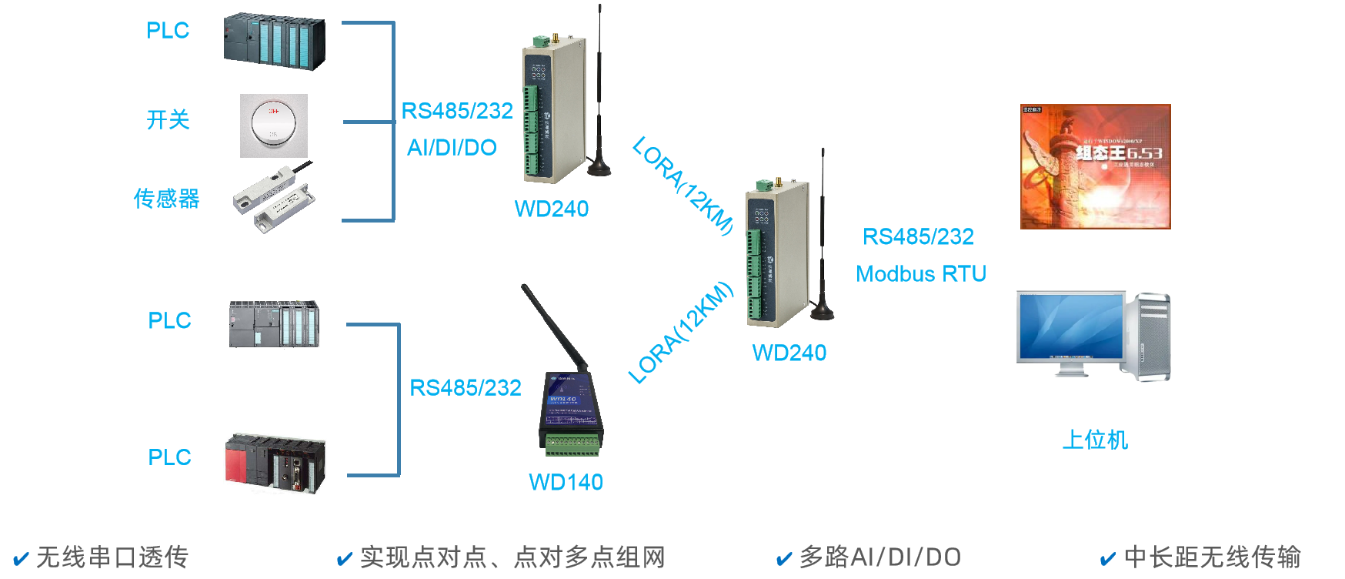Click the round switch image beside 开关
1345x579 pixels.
tap(274, 126)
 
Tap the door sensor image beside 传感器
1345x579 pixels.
tap(272, 198)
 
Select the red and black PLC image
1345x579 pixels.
tap(275, 461)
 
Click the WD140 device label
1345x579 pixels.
tap(566, 483)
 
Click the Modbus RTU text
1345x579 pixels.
tap(921, 274)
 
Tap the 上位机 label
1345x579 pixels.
tap(1095, 440)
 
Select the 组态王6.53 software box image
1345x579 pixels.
tap(1095, 167)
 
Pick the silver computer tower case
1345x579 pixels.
tap(1146, 336)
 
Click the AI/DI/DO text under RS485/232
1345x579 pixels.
tap(452, 148)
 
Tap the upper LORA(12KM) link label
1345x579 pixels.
tap(683, 186)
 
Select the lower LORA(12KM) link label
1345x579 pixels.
tap(681, 333)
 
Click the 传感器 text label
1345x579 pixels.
tap(166, 199)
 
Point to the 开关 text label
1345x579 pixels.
tap(168, 119)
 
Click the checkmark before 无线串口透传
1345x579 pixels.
tap(21, 558)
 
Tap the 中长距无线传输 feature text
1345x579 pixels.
tap(1212, 557)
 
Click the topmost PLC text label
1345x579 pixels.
tap(168, 31)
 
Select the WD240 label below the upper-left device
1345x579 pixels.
tap(552, 209)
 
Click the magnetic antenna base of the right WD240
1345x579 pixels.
tap(822, 311)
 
